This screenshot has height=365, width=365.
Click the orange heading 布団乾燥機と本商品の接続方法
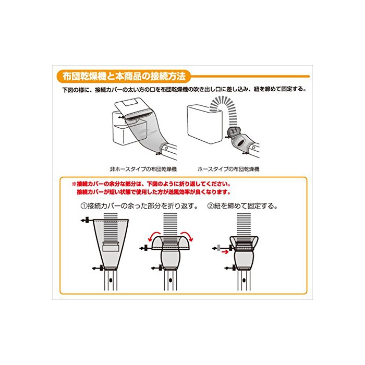click(x=124, y=76)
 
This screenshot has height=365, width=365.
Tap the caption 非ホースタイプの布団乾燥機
click(x=143, y=169)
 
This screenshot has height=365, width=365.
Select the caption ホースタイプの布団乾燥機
click(x=228, y=169)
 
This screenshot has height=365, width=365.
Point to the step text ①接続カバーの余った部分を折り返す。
click(x=139, y=206)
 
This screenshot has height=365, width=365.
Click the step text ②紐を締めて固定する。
click(x=242, y=206)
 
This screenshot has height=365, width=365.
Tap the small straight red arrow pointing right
click(x=225, y=252)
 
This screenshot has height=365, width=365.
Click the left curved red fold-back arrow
click(x=154, y=236)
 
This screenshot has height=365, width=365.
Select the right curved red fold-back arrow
click(x=187, y=236)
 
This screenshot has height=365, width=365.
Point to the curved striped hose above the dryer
click(x=225, y=110)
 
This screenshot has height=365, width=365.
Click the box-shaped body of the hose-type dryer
click(x=204, y=124)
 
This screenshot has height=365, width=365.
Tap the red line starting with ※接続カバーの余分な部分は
click(x=151, y=184)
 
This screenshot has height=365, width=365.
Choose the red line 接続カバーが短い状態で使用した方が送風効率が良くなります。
click(x=154, y=192)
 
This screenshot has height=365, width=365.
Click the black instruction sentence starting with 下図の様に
click(x=184, y=89)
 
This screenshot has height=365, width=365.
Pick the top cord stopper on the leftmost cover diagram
click(x=87, y=220)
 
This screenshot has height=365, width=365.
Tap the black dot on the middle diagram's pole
click(x=171, y=280)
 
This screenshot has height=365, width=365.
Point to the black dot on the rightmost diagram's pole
click(x=244, y=280)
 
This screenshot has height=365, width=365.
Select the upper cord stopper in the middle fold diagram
click(x=145, y=248)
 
